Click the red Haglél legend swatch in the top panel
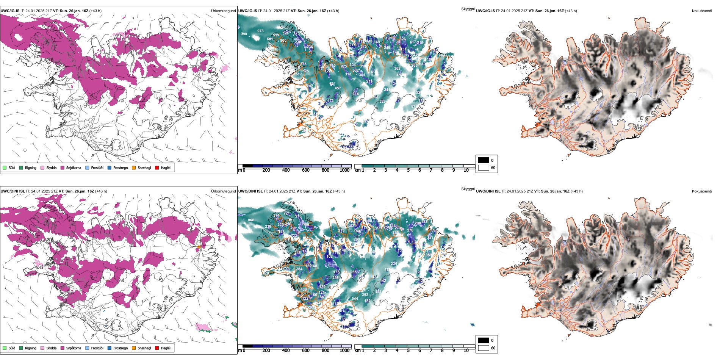[x=157, y=167]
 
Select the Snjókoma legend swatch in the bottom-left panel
[x=63, y=348]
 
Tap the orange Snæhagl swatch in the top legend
[x=134, y=167]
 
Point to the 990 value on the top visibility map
[x=244, y=34]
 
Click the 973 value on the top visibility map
[x=260, y=31]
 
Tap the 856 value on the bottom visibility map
[x=251, y=220]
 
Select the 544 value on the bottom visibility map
[x=355, y=299]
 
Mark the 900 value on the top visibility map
[x=283, y=41]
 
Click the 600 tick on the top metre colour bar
[x=306, y=170]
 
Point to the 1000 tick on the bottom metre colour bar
[x=344, y=351]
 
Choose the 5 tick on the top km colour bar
[x=408, y=170]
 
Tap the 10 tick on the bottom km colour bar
[x=466, y=351]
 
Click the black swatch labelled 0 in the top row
[x=484, y=160]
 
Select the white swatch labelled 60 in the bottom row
[x=484, y=348]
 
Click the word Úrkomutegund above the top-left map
[x=223, y=11]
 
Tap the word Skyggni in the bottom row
[x=468, y=189]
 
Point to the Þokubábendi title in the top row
[x=701, y=11]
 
